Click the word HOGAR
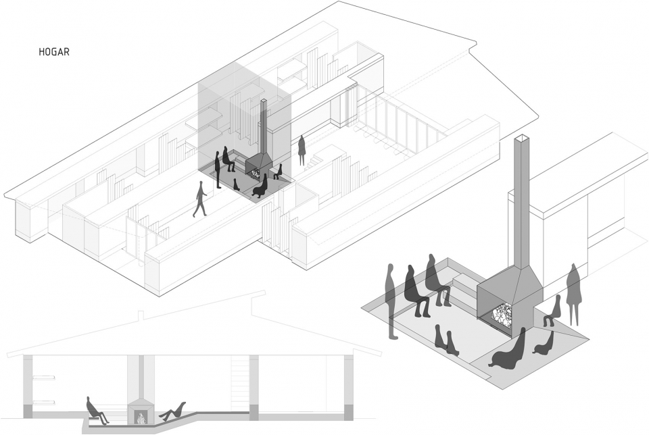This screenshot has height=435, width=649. point(53,50)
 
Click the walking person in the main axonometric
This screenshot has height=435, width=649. point(200,201)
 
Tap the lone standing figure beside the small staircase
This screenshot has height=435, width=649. point(302,151)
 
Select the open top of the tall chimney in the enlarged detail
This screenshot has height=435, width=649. point(523,139)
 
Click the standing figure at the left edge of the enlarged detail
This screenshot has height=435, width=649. point(391,301)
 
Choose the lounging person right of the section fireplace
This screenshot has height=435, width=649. point(173,411)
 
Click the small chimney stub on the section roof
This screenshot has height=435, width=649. point(141,315)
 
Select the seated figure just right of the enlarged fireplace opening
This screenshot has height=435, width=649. point(553,312)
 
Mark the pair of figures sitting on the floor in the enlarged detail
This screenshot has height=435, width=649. point(446,340)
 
